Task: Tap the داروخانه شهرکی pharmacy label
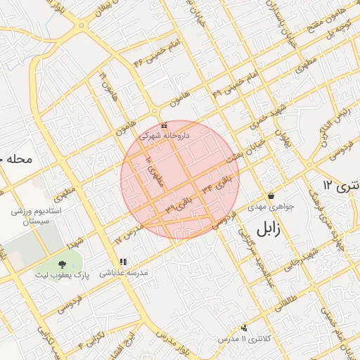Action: (164, 134)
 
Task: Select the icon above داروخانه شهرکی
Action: (164, 125)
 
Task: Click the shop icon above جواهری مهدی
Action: (271, 195)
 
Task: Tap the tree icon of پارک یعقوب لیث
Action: (64, 263)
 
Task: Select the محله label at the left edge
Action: (15, 159)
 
